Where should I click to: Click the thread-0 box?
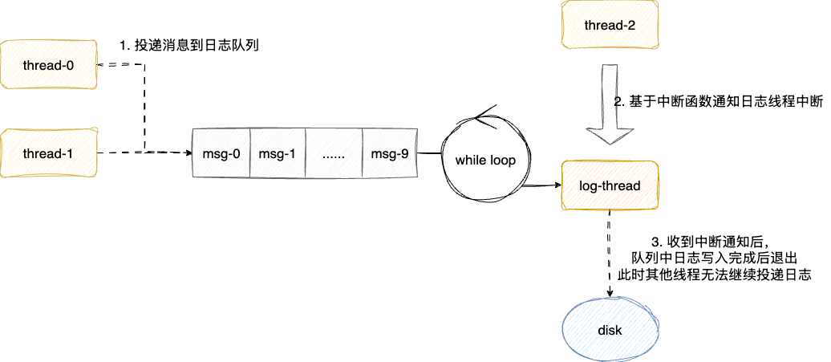pos(48,65)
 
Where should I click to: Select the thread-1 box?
pos(48,153)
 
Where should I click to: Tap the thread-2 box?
pos(610,26)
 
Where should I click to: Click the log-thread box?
pos(610,186)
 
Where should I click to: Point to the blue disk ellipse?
pos(610,330)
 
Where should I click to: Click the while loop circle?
pos(485,161)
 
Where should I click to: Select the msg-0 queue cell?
pos(221,153)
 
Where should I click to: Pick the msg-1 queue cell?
pos(277,153)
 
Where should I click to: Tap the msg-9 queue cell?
pos(389,153)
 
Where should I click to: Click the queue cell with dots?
pos(333,153)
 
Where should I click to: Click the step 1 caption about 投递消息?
pos(188,47)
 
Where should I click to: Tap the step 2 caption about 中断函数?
pos(719,102)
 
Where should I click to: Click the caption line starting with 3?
pos(711,241)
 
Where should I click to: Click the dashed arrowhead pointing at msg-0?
pos(188,152)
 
